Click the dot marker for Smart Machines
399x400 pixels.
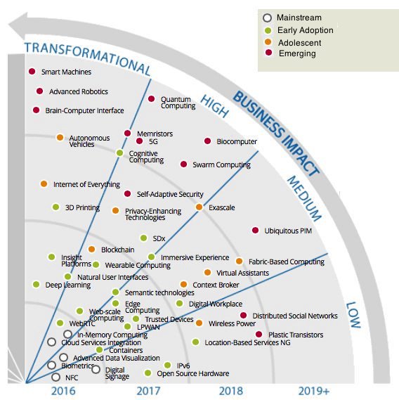point(32,72)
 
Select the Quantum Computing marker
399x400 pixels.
point(151,99)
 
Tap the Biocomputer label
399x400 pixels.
point(237,142)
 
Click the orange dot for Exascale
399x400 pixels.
point(199,207)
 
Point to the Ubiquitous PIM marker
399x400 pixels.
point(255,231)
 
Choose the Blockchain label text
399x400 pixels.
point(117,250)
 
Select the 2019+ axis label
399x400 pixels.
point(313,390)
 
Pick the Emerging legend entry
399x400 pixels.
point(296,53)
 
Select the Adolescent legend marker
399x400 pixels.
point(267,41)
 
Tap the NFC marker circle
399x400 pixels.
point(56,378)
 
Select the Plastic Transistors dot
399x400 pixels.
point(259,335)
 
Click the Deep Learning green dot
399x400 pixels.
point(36,285)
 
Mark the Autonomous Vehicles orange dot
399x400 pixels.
point(60,137)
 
